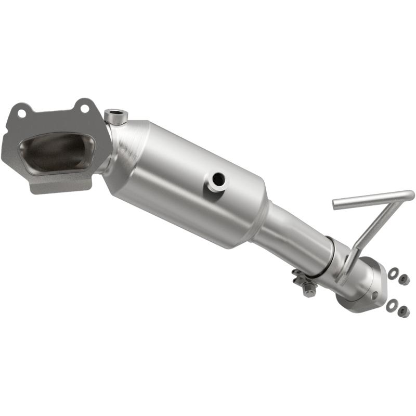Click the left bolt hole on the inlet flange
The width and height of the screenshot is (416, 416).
[x=21, y=112]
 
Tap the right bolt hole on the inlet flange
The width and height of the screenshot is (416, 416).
[x=83, y=108]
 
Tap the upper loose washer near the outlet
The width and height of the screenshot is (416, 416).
[x=394, y=271]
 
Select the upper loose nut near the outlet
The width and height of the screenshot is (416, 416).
[x=404, y=279]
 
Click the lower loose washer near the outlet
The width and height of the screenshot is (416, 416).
[x=392, y=304]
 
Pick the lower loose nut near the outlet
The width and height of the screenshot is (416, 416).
[x=403, y=311]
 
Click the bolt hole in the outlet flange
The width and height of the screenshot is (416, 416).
[x=375, y=295]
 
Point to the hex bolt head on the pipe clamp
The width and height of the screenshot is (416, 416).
[x=308, y=291]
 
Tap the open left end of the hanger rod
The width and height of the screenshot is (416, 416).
[x=336, y=204]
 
